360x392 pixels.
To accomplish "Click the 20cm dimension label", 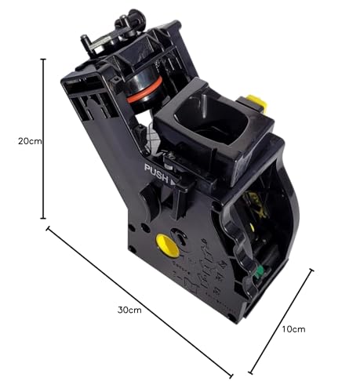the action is click(x=30, y=141).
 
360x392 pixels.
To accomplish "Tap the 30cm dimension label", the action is click(x=129, y=310).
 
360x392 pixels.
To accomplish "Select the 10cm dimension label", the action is click(x=293, y=329).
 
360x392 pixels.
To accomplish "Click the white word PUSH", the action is click(x=157, y=173).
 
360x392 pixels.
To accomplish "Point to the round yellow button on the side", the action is click(x=167, y=245).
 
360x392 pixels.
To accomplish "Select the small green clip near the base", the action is click(x=259, y=272).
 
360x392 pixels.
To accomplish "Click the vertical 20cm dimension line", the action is click(x=43, y=139).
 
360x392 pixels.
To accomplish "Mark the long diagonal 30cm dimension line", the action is click(x=140, y=302).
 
